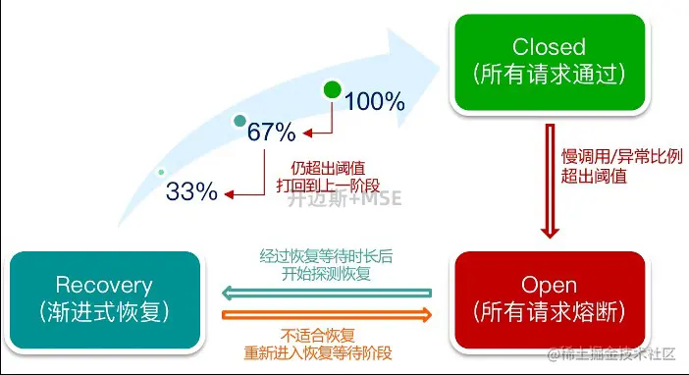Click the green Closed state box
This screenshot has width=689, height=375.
pos(549,60)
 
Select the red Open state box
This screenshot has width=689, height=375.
pos(549,299)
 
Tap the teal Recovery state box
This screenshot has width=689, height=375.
pos(104,299)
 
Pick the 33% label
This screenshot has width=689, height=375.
pos(191,191)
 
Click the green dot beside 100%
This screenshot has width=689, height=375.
pos(333,92)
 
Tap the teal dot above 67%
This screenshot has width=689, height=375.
pos(238,121)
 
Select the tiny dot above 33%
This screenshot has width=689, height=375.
pos(161,173)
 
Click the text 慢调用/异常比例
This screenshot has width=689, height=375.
pos(608,157)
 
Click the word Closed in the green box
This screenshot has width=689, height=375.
pos(549,46)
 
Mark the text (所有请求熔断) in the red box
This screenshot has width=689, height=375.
pos(549,314)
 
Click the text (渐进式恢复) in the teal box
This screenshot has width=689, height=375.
pos(104,314)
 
